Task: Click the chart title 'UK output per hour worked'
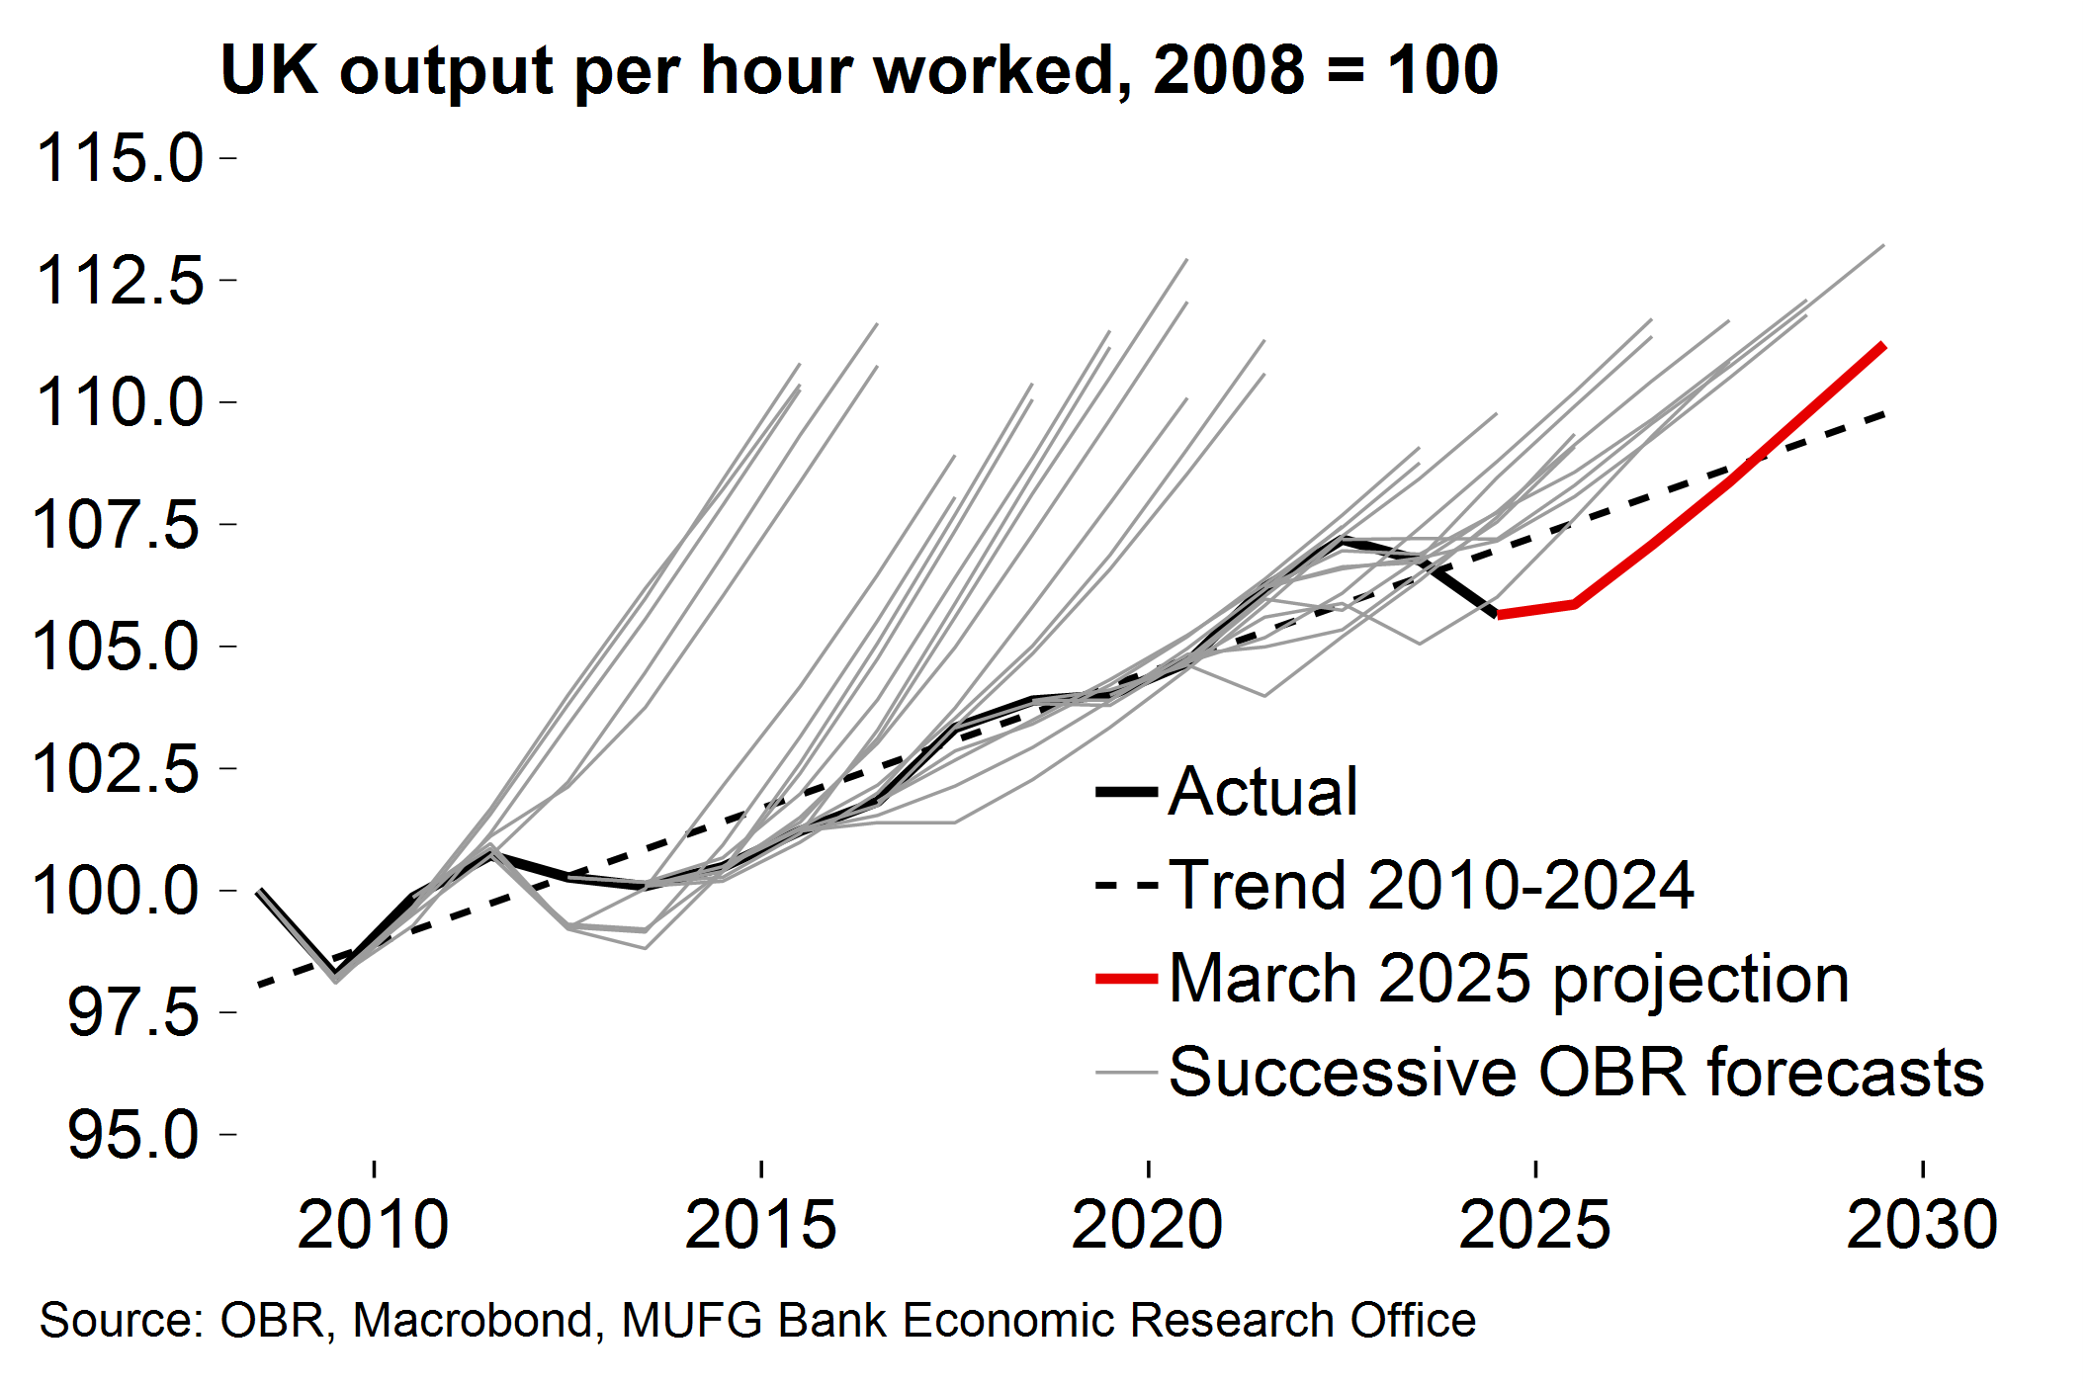point(858,71)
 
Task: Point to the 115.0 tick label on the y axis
point(120,158)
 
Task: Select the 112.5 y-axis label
point(120,281)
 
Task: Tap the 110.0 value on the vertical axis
point(120,403)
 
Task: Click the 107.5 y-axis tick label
point(117,525)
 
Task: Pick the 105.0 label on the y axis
point(117,647)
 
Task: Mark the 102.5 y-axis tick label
point(117,768)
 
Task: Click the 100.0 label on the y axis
point(117,891)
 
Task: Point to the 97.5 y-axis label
point(132,1012)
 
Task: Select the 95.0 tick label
point(132,1135)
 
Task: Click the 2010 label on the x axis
point(374,1225)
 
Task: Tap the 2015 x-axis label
point(760,1225)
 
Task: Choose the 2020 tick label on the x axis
point(1148,1225)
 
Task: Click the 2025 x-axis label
point(1534,1225)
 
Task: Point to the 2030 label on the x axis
point(1922,1225)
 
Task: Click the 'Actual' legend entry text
point(1262,792)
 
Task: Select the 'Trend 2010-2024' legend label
point(1431,885)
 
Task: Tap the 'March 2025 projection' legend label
point(1509,980)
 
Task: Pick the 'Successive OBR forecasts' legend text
point(1576,1073)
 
